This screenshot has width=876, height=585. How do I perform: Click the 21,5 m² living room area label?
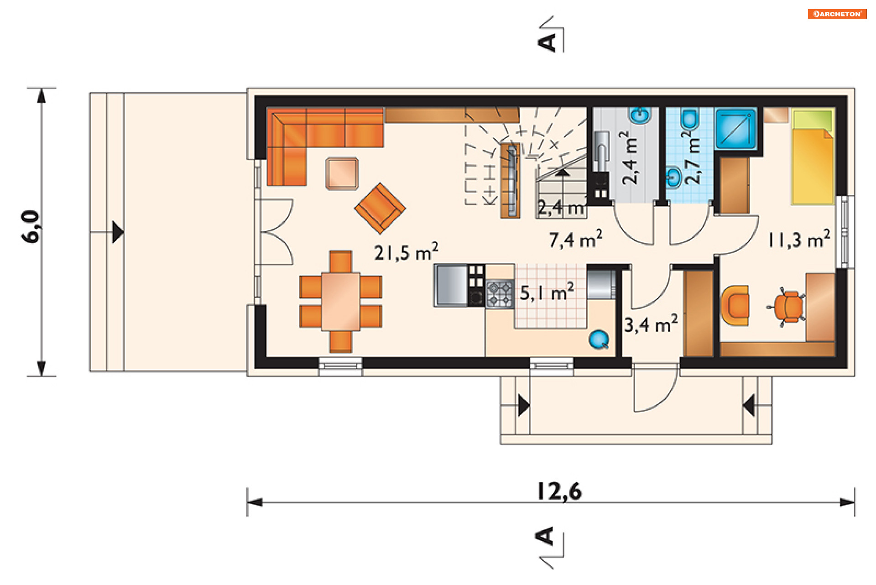[406, 252]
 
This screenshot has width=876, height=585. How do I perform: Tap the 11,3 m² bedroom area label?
[798, 239]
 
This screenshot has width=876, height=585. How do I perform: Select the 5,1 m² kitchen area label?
[547, 292]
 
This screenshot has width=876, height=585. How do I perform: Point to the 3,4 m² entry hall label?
[651, 324]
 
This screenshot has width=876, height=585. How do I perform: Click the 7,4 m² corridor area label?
[575, 239]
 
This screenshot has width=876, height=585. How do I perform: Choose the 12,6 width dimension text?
[559, 491]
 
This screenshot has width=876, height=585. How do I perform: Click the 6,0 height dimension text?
[31, 226]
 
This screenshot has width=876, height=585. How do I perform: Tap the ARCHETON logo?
[837, 14]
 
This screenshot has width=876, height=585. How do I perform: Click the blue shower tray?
[735, 129]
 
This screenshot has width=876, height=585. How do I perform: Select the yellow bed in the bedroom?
[813, 156]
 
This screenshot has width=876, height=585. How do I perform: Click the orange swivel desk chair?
[788, 307]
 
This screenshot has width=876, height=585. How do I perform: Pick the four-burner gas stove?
[500, 294]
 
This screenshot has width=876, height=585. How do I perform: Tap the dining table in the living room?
[341, 301]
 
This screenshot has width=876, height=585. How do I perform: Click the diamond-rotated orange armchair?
[380, 209]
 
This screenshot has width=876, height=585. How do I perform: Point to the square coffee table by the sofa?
[342, 173]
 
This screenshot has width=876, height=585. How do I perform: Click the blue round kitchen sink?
[599, 340]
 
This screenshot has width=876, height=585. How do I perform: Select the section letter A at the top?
[547, 42]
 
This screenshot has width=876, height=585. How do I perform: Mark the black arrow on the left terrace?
[118, 232]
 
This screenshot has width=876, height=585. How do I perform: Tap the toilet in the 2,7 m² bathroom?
[689, 119]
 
